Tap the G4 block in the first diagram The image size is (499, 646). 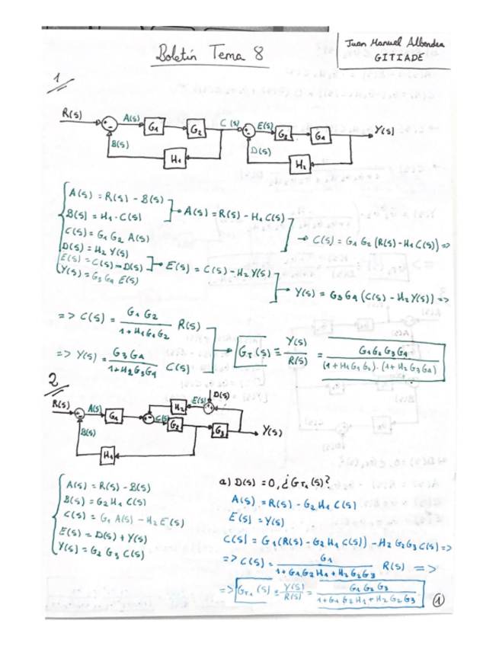click(321, 134)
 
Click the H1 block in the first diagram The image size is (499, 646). click(176, 159)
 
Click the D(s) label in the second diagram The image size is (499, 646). click(221, 395)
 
